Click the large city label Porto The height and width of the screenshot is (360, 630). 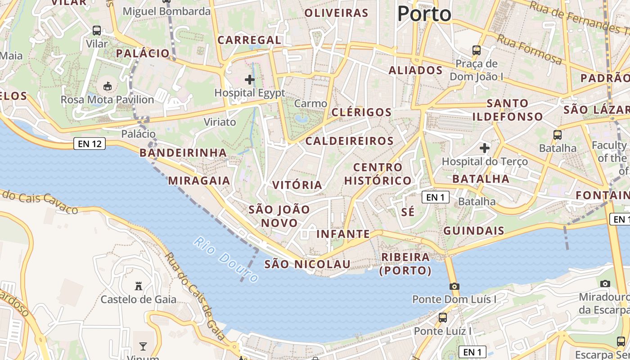click(424, 14)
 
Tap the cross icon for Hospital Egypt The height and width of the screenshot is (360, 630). click(250, 80)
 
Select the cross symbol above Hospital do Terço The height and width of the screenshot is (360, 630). click(485, 148)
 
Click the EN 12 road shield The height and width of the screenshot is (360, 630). click(90, 144)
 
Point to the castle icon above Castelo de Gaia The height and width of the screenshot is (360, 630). click(139, 286)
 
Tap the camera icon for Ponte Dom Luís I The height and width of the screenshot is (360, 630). click(454, 286)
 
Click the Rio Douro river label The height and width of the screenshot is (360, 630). click(226, 260)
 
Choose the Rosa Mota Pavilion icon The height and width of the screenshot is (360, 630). click(108, 86)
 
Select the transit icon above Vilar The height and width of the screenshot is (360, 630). click(97, 31)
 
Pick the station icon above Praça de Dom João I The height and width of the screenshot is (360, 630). click(477, 50)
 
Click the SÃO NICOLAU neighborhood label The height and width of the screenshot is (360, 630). click(307, 264)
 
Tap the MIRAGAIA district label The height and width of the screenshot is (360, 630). click(199, 181)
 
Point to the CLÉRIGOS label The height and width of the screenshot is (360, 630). click(361, 112)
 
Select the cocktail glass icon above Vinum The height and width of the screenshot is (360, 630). click(143, 346)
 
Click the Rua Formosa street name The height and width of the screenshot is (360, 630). click(529, 49)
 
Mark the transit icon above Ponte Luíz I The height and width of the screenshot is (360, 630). click(443, 318)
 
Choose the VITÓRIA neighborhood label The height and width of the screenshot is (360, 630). click(297, 185)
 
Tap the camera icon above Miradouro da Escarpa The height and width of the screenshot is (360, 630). click(605, 283)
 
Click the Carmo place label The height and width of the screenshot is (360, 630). click(310, 103)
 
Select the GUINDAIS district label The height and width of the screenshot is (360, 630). click(474, 231)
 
